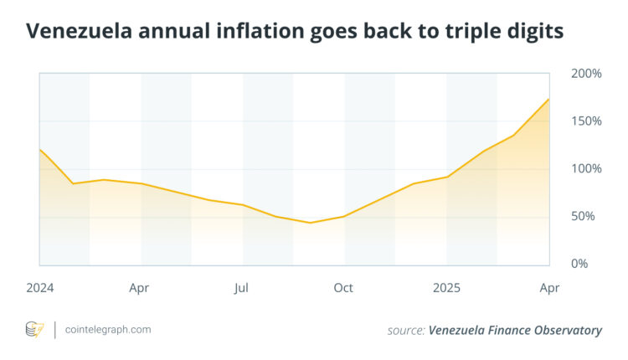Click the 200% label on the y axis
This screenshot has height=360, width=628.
coord(587,74)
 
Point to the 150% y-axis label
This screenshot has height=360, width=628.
coord(587,121)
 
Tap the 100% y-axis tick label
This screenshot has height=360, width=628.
coord(587,168)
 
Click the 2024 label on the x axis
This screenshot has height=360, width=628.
coord(39,288)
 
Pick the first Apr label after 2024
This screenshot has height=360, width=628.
coord(139,288)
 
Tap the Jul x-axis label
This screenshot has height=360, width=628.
coord(242,288)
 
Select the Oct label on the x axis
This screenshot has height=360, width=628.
coord(343,288)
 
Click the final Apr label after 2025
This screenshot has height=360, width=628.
coord(548,288)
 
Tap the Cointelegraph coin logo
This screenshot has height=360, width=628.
coord(34,329)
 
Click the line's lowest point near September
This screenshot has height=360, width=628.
coord(310,223)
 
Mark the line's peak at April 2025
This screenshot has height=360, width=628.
coord(549,99)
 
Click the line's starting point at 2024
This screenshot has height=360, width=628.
coord(39,149)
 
